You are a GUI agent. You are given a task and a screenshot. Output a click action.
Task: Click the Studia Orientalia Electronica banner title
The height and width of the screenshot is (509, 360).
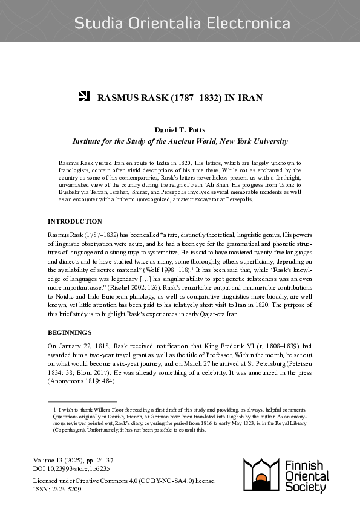tap(182, 24)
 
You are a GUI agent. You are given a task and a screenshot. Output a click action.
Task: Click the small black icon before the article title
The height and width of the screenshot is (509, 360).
tap(85, 96)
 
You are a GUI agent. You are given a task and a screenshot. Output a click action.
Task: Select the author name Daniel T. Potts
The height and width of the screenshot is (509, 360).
tap(180, 131)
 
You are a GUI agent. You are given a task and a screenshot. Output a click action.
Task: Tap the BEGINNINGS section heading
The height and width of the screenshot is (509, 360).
tap(70, 332)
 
